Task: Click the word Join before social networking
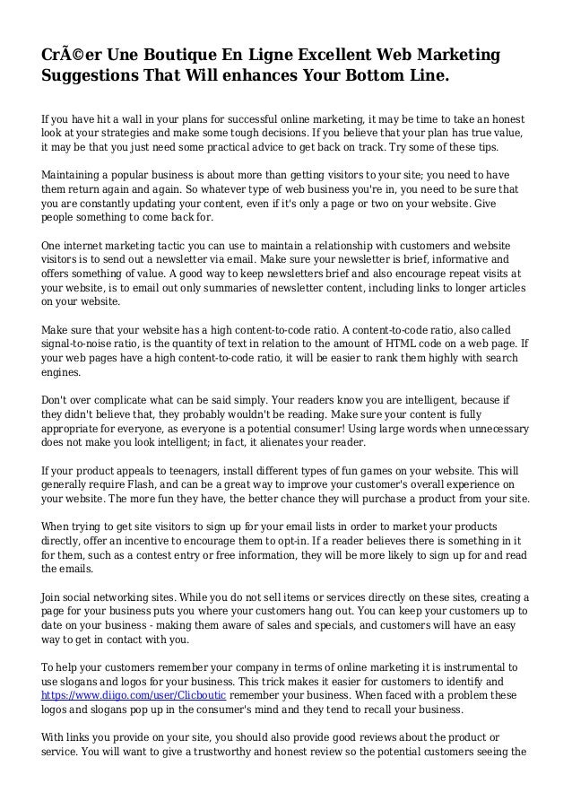(54, 597)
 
